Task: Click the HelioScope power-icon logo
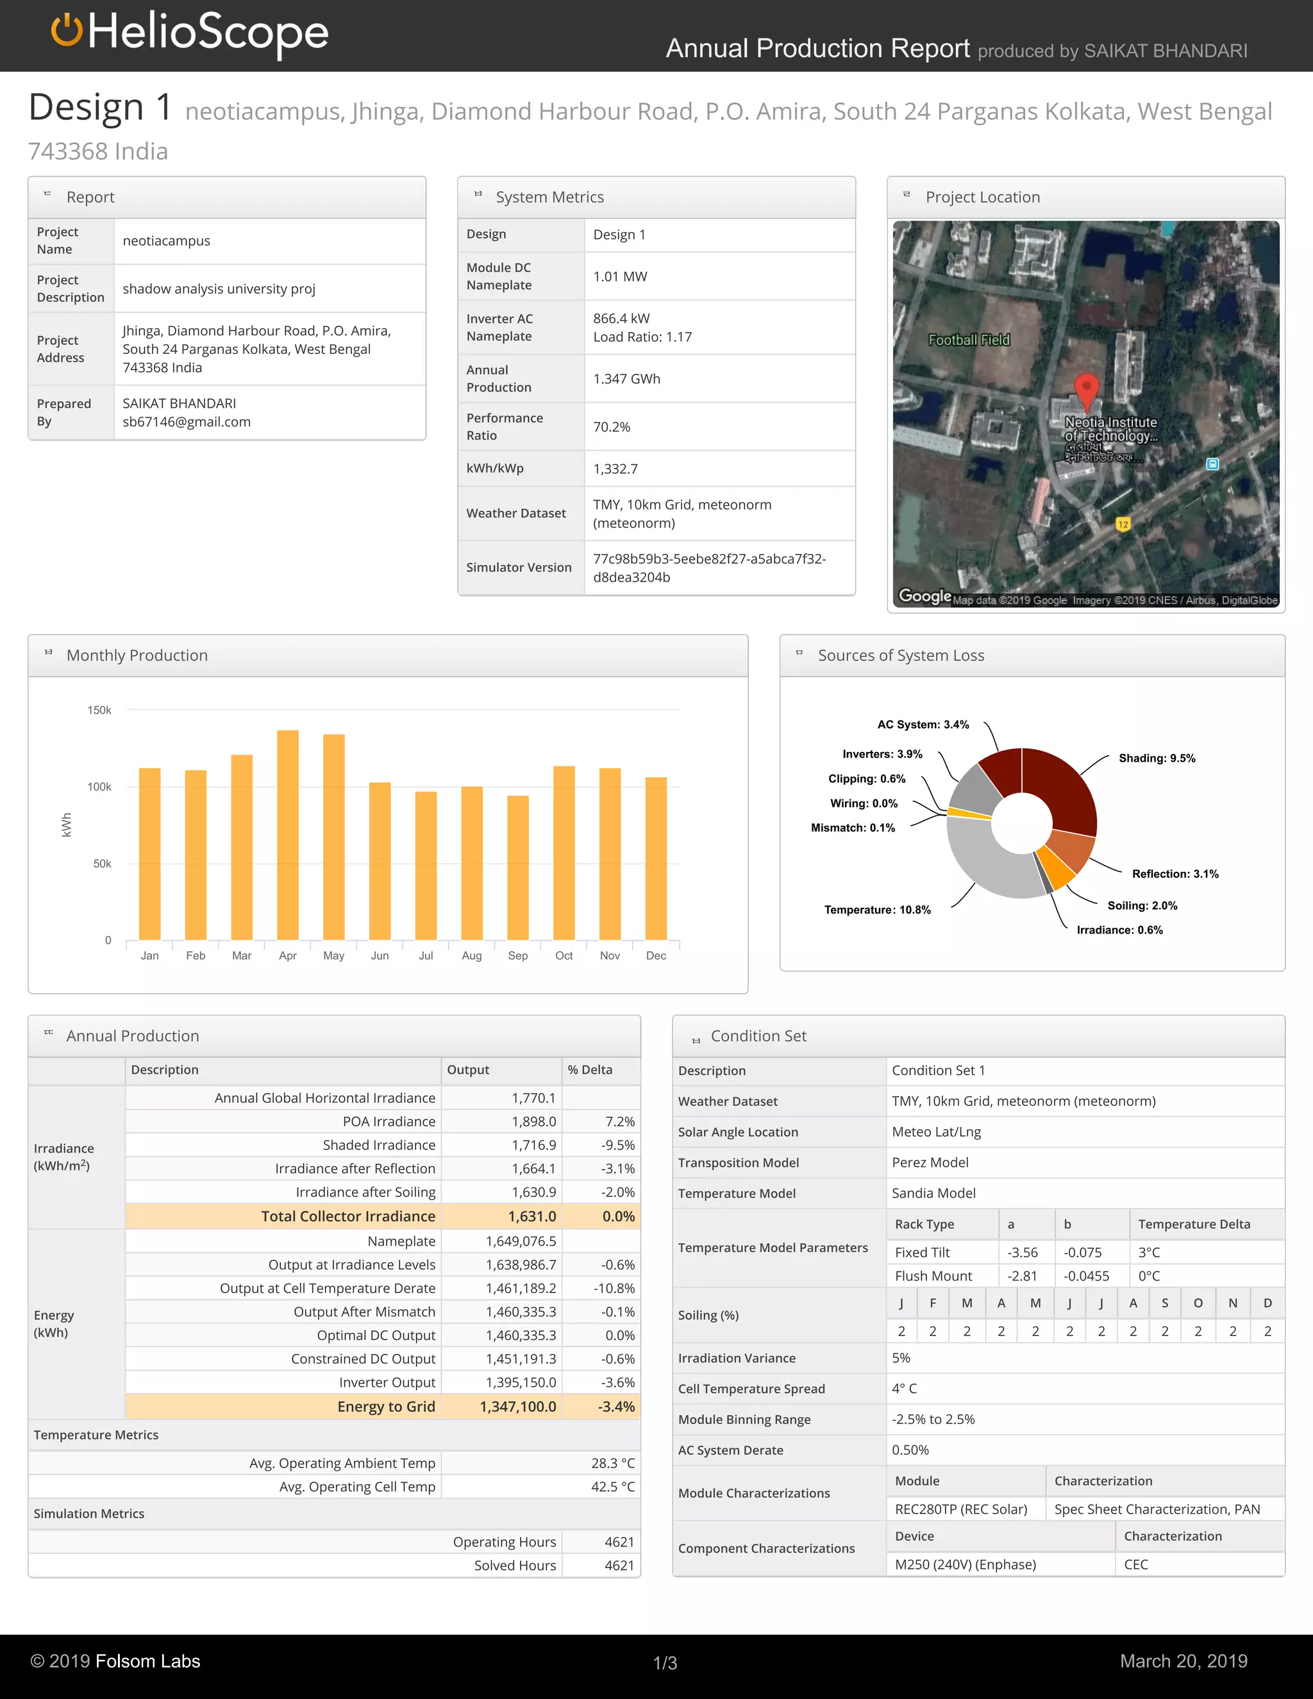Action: pyautogui.click(x=67, y=31)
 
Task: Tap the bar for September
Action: pyautogui.click(x=518, y=867)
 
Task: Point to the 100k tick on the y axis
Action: pyautogui.click(x=99, y=787)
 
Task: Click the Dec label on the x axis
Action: pyautogui.click(x=656, y=955)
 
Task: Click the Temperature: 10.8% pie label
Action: pyautogui.click(x=878, y=909)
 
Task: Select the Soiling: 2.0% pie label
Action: pyautogui.click(x=1142, y=905)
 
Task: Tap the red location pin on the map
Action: pyautogui.click(x=1086, y=389)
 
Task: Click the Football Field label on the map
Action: pyautogui.click(x=969, y=340)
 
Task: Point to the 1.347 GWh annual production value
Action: pyautogui.click(x=626, y=379)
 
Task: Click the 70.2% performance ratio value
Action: pyautogui.click(x=612, y=427)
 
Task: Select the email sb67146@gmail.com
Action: pyautogui.click(x=187, y=422)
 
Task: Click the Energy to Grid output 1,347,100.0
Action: pyautogui.click(x=517, y=1407)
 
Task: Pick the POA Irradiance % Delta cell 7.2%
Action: pyautogui.click(x=619, y=1121)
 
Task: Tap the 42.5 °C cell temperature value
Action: pyautogui.click(x=612, y=1487)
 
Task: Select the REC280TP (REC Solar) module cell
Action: pyautogui.click(x=960, y=1509)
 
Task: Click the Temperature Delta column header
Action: pyautogui.click(x=1194, y=1224)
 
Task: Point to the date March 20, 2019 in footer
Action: pyautogui.click(x=1183, y=1661)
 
